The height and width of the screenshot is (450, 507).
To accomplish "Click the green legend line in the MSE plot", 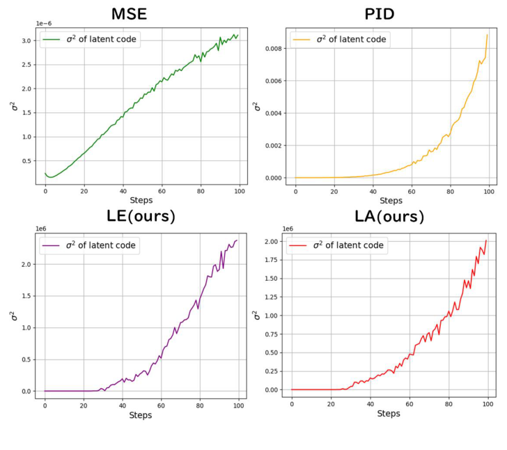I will coord(52,40).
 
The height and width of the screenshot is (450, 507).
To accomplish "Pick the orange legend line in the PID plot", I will coord(302,40).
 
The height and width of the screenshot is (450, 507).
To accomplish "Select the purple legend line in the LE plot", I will coord(52,245).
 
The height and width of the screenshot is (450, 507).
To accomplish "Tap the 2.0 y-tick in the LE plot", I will coord(27,264).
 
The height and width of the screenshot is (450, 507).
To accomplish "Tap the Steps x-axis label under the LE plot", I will coord(141,415).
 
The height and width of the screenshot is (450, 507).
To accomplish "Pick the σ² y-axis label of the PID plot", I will coord(257,106).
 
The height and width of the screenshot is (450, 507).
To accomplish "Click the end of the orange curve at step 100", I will coord(487,34).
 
